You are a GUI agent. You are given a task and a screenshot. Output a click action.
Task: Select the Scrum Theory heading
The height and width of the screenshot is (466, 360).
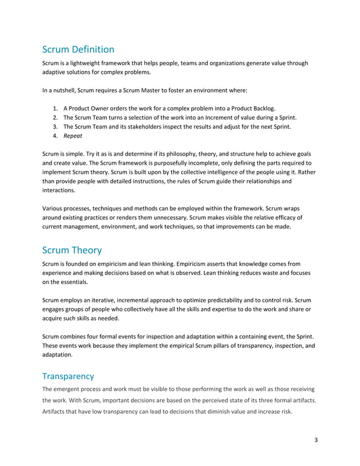click(72, 250)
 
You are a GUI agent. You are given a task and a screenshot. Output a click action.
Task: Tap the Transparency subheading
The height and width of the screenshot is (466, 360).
click(68, 375)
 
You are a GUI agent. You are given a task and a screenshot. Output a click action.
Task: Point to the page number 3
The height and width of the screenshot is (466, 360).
click(317, 439)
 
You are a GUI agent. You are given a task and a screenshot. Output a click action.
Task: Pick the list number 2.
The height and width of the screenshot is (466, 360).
click(55, 117)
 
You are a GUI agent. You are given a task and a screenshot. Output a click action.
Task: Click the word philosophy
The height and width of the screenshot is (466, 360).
click(194, 154)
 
